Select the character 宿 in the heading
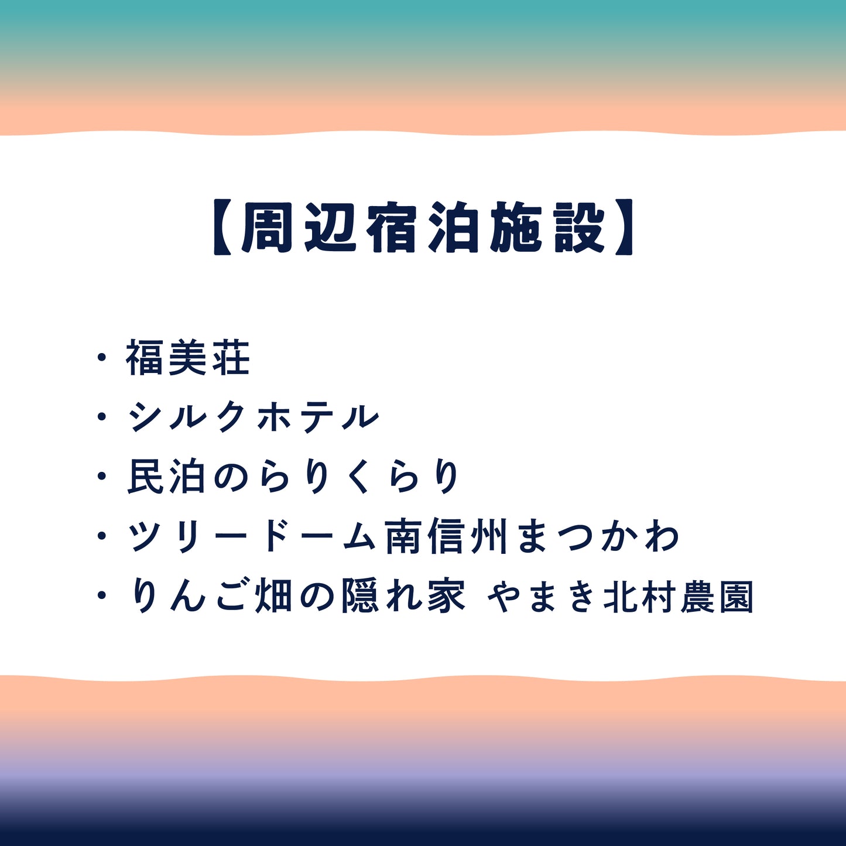(394, 228)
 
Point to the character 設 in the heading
(580, 228)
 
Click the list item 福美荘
(188, 358)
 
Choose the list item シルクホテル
(254, 418)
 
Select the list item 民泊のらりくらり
(293, 477)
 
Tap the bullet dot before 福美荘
(102, 358)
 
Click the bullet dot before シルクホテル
(102, 417)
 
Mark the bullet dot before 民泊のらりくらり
(102, 477)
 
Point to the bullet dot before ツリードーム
(102, 537)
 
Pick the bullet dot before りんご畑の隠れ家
(102, 597)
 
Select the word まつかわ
(598, 537)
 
